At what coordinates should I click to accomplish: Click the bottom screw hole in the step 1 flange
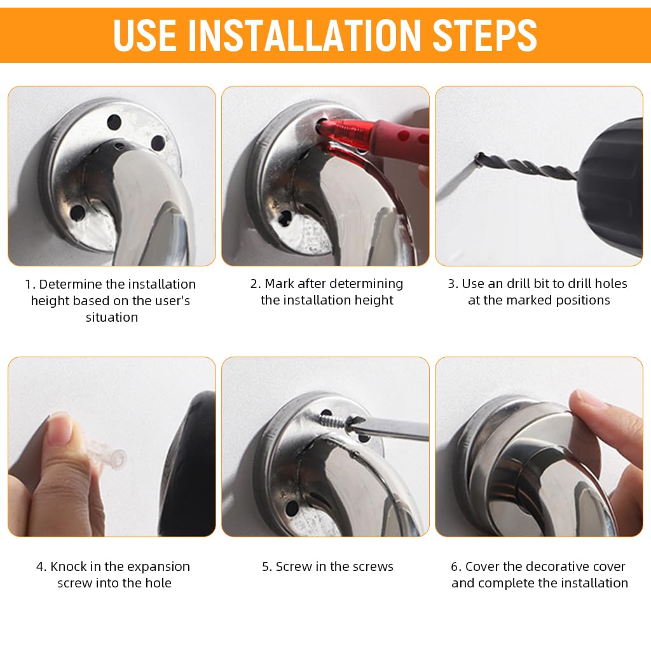click(x=78, y=213)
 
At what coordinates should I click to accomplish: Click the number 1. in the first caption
click(x=30, y=284)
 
